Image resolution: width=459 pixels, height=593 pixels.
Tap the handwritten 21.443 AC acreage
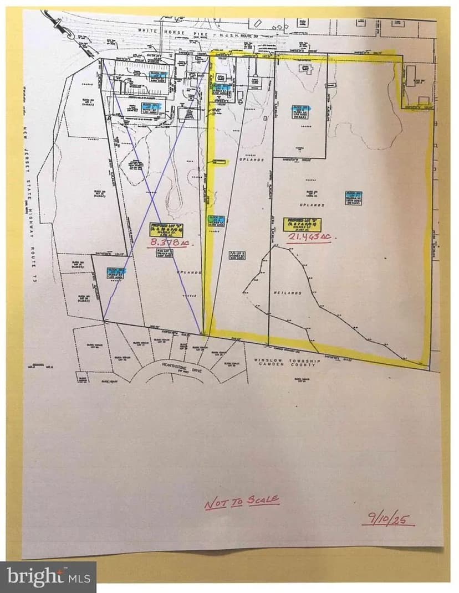point(308,236)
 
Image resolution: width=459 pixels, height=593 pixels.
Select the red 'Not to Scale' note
point(242,502)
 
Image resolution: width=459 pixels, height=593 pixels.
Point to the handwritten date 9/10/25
point(389,519)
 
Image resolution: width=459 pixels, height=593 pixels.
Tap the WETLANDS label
point(287,292)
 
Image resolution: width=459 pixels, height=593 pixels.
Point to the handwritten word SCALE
point(263,501)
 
